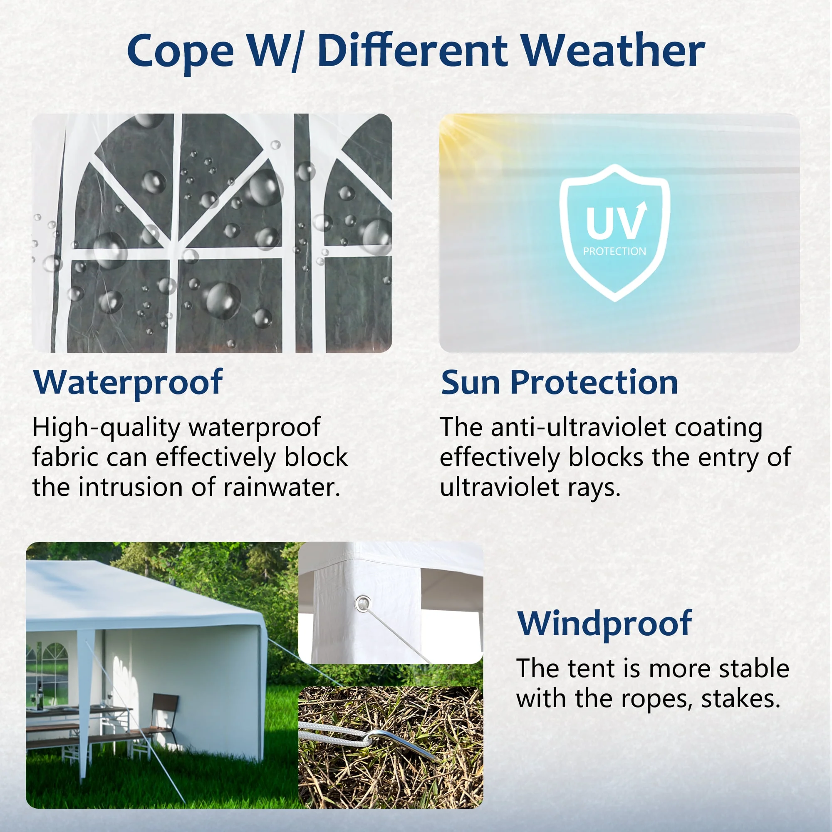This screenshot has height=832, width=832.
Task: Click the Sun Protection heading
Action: (560, 382)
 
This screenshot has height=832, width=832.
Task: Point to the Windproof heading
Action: (604, 624)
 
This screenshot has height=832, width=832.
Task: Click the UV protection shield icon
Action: (614, 233)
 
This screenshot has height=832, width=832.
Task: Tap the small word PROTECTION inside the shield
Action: (614, 252)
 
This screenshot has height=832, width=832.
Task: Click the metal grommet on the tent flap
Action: (363, 603)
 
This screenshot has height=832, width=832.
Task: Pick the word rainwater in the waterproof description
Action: (282, 488)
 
